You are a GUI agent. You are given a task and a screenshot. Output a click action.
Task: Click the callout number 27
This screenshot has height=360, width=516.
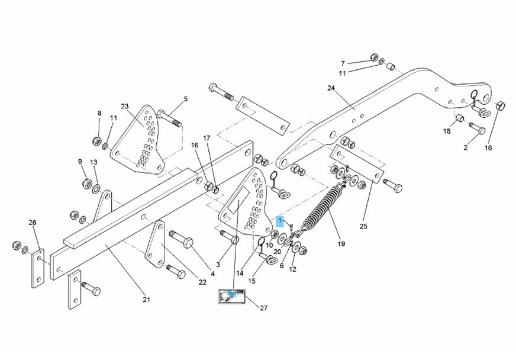(x=264, y=307)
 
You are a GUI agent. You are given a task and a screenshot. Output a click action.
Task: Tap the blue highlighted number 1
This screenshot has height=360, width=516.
(x=280, y=221)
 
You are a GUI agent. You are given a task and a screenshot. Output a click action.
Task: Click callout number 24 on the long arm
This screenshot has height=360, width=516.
(x=330, y=88)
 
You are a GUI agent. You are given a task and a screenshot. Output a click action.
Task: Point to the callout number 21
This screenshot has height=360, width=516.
(x=147, y=300)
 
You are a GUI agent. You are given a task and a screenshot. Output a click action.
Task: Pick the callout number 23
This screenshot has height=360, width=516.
(x=125, y=107)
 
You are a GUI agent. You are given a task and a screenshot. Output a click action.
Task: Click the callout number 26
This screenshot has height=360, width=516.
(x=33, y=223)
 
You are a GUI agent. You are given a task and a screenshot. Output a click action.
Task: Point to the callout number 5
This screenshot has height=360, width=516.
(x=185, y=99)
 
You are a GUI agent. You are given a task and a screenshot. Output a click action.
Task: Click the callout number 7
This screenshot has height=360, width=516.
(x=342, y=63)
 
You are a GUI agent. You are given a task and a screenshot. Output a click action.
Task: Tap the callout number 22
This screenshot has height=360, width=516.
(x=202, y=282)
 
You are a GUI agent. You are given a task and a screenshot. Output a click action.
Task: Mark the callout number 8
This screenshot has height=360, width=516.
(x=99, y=113)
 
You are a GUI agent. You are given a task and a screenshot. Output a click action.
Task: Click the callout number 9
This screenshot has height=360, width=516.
(x=80, y=161)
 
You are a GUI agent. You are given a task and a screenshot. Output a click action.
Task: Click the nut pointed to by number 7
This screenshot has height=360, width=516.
(x=374, y=57)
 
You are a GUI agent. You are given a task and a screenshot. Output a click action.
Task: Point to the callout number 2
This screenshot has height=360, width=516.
(x=466, y=147)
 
